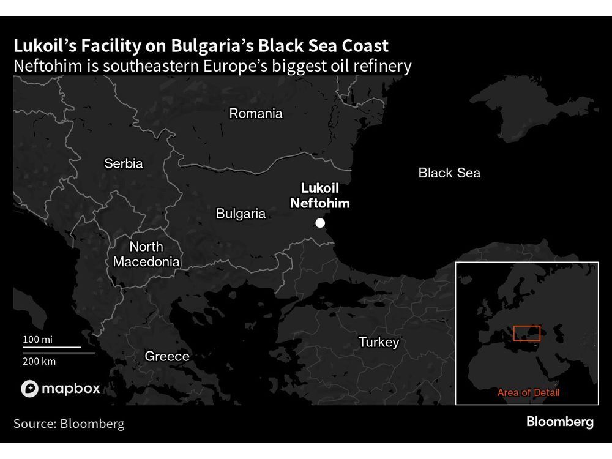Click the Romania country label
[x=256, y=113]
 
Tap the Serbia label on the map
[x=124, y=163]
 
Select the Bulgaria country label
[x=241, y=214]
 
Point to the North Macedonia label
[x=146, y=254]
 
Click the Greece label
[x=167, y=356]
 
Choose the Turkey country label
[x=379, y=342]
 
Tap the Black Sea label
[x=449, y=173]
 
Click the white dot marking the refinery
[x=320, y=223]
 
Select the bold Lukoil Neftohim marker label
[x=320, y=196]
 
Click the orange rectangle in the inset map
[x=526, y=334]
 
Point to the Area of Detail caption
[x=528, y=393]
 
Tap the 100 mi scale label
[x=39, y=339]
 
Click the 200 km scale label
[x=40, y=361]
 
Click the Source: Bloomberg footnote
[x=69, y=424]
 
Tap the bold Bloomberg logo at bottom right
[x=560, y=422]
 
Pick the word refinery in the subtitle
[x=381, y=66]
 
